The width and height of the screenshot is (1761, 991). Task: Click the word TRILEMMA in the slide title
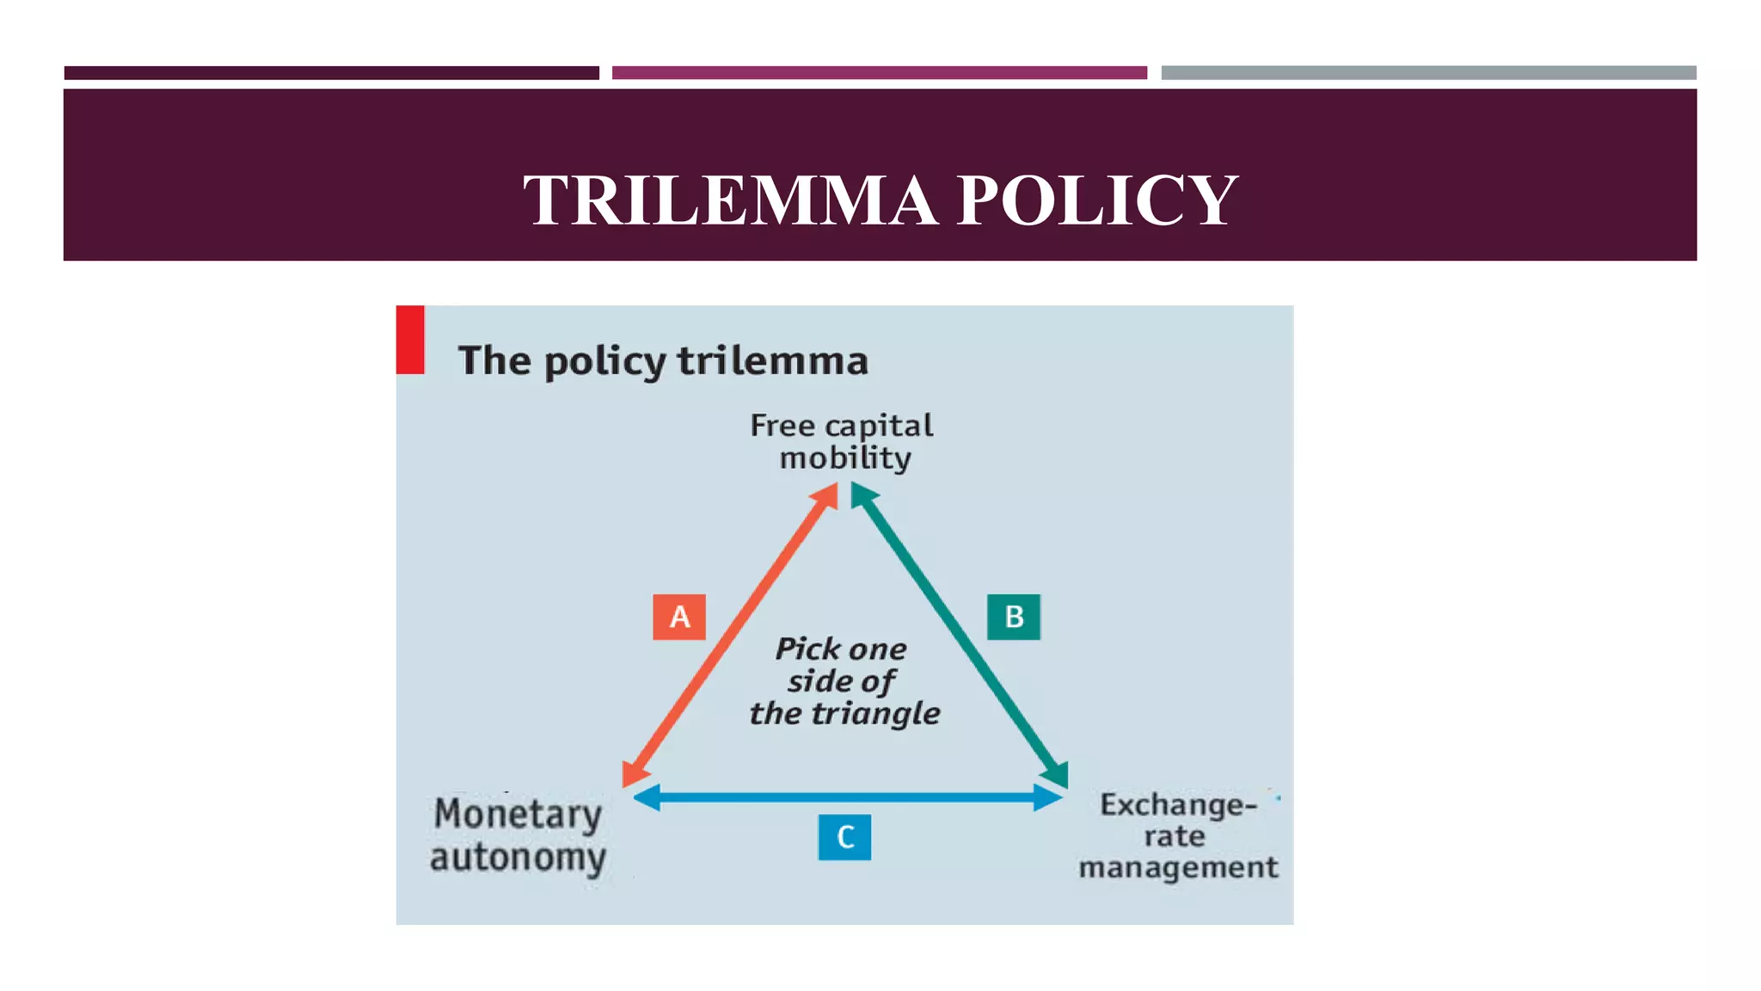click(x=730, y=200)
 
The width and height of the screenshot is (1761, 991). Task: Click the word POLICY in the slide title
click(x=1097, y=200)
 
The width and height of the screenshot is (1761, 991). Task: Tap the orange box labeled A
click(x=679, y=617)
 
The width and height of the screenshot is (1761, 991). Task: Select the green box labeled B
click(x=1014, y=617)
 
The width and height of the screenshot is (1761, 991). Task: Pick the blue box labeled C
click(x=844, y=837)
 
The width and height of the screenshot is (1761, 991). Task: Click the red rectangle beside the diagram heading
click(x=410, y=340)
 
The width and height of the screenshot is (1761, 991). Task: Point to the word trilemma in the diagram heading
click(x=772, y=360)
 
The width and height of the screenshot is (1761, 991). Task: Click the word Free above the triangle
click(x=782, y=425)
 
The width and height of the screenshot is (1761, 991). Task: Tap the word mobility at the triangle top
click(x=845, y=458)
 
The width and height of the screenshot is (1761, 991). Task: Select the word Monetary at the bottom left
click(x=518, y=814)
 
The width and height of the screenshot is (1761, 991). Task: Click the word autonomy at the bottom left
click(x=518, y=858)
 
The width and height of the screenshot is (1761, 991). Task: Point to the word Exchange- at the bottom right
click(x=1178, y=805)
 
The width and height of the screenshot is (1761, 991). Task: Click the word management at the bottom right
click(x=1178, y=867)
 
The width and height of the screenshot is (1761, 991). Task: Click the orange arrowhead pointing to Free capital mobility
click(x=825, y=496)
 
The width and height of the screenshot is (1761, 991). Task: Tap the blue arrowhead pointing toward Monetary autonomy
click(x=647, y=797)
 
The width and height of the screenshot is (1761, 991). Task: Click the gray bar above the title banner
click(x=1428, y=73)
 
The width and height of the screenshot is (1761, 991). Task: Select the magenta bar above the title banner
click(x=879, y=73)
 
